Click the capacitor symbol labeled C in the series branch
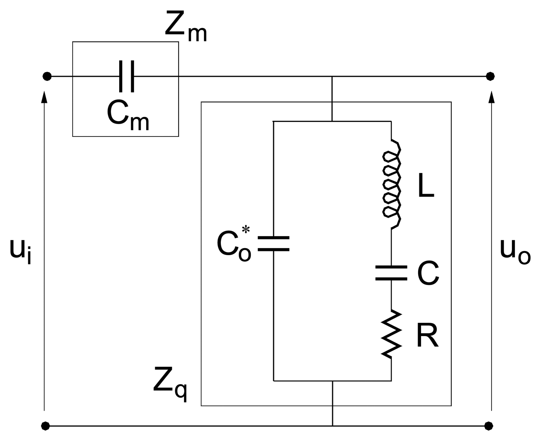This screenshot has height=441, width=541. coord(391,273)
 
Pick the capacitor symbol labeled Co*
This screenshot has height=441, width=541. coord(273,244)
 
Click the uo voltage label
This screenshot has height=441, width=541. coord(515,250)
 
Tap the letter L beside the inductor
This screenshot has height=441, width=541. coord(426,189)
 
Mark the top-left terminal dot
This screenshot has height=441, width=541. coord(47,76)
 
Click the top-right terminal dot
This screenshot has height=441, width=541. coord(490,76)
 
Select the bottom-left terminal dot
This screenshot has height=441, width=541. coord(46,426)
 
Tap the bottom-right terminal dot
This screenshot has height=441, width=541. coord(490,426)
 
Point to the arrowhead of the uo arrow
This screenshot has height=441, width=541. coord(492,97)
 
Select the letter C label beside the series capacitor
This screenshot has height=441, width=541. coord(428,274)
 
